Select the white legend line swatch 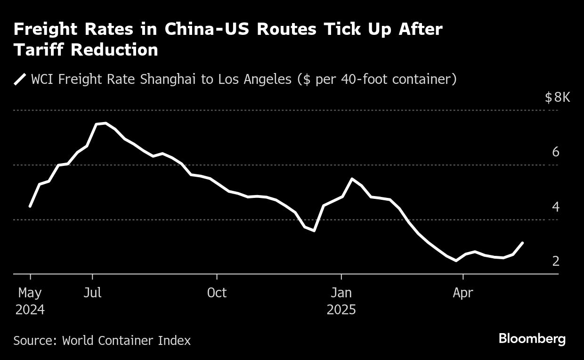(20, 79)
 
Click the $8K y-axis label (557, 98)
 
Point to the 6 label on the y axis (556, 152)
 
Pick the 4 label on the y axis (556, 206)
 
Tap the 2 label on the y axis (556, 261)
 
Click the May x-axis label (30, 293)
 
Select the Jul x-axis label (92, 293)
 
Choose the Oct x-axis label (217, 293)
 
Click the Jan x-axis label (341, 293)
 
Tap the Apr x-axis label (463, 293)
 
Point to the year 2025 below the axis (341, 310)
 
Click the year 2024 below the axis (30, 310)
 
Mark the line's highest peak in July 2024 (105, 123)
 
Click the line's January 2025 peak (352, 179)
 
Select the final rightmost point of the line (522, 243)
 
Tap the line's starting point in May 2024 (30, 206)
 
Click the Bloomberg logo (532, 338)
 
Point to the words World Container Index (126, 340)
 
